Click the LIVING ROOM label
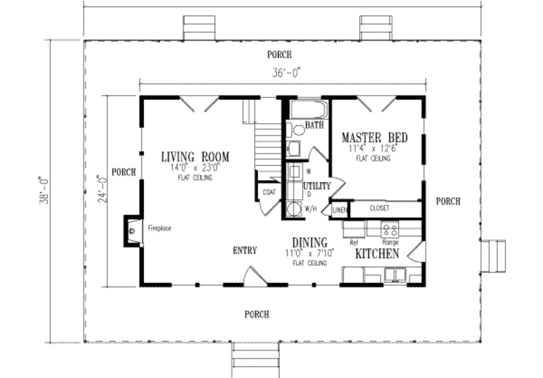coord(195,157)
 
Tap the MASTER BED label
coord(374,138)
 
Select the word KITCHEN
coord(376,254)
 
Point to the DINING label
coord(309,243)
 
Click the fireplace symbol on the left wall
coord(132,230)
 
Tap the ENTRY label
coord(245,251)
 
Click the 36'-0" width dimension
coord(287,74)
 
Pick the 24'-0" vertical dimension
coord(101,189)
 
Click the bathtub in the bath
coord(309,110)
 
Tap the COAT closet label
coord(268,192)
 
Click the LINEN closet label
coord(339,210)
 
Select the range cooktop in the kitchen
coord(391,230)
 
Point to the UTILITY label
coord(317,186)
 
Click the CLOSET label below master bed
coord(379,209)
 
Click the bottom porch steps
coord(256,359)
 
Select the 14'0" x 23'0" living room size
coord(195,168)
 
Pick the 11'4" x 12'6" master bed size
coord(373,149)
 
